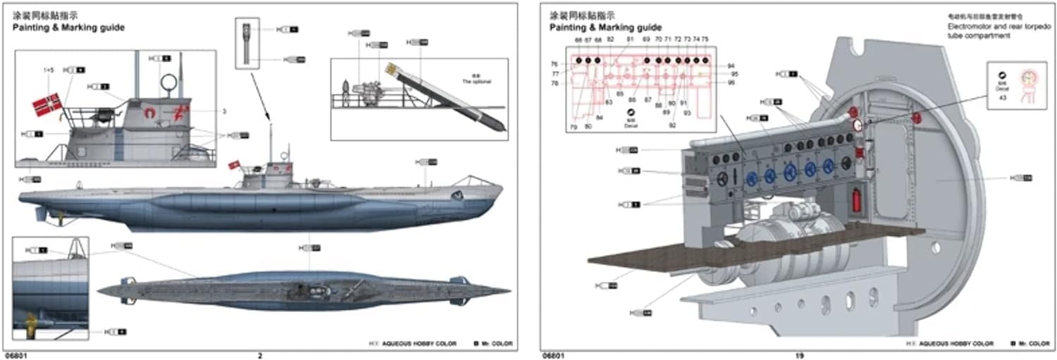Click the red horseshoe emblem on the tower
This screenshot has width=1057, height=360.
pyautogui.click(x=149, y=111)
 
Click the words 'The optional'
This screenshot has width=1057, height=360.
pyautogui.click(x=476, y=82)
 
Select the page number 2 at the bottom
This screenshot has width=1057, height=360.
pyautogui.click(x=260, y=355)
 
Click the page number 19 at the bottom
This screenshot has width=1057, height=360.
pyautogui.click(x=799, y=355)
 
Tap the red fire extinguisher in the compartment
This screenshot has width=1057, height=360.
pyautogui.click(x=857, y=199)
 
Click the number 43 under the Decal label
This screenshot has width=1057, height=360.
pyautogui.click(x=1001, y=97)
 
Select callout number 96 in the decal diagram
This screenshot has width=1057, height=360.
pyautogui.click(x=731, y=82)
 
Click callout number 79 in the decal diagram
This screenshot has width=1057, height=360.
pyautogui.click(x=574, y=127)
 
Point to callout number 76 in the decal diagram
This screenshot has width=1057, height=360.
pyautogui.click(x=555, y=64)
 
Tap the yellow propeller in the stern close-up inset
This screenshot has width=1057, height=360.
pyautogui.click(x=31, y=323)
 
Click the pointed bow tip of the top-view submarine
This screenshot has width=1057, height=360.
pyautogui.click(x=509, y=290)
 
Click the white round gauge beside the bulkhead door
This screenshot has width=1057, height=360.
pyautogui.click(x=858, y=125)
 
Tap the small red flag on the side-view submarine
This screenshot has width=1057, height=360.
pyautogui.click(x=234, y=165)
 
